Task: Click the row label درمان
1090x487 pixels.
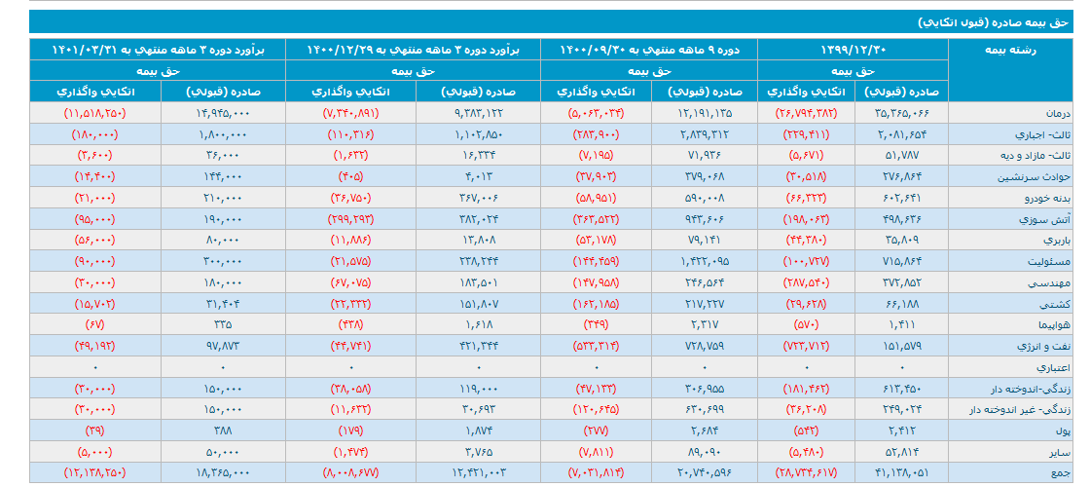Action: [x=1060, y=113]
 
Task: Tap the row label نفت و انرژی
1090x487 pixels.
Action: [x=1046, y=345]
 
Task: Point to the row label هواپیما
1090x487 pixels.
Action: [x=1056, y=323]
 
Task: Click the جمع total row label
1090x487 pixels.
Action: [x=1063, y=471]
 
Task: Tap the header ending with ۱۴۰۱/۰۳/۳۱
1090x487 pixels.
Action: [x=157, y=49]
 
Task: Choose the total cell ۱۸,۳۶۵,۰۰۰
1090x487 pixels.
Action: [x=218, y=471]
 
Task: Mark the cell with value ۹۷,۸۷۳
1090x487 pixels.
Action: [x=223, y=345]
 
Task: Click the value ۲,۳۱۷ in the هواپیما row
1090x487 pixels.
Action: [x=703, y=323]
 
